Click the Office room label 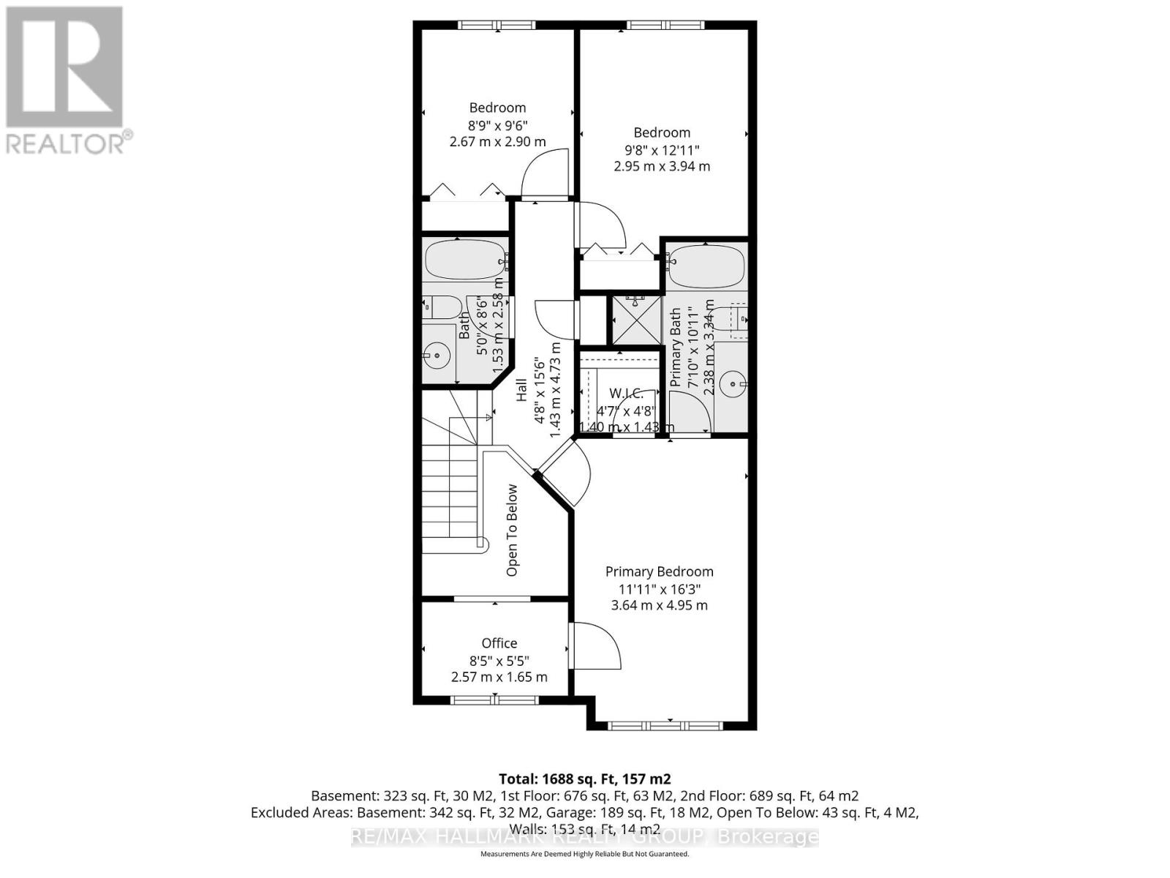499,643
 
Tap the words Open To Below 512,530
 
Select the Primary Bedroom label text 659,571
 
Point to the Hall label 521,390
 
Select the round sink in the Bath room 437,357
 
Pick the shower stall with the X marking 636,320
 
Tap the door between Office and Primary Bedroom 594,645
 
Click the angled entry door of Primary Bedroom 565,476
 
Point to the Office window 495,700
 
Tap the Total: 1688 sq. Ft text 584,778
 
